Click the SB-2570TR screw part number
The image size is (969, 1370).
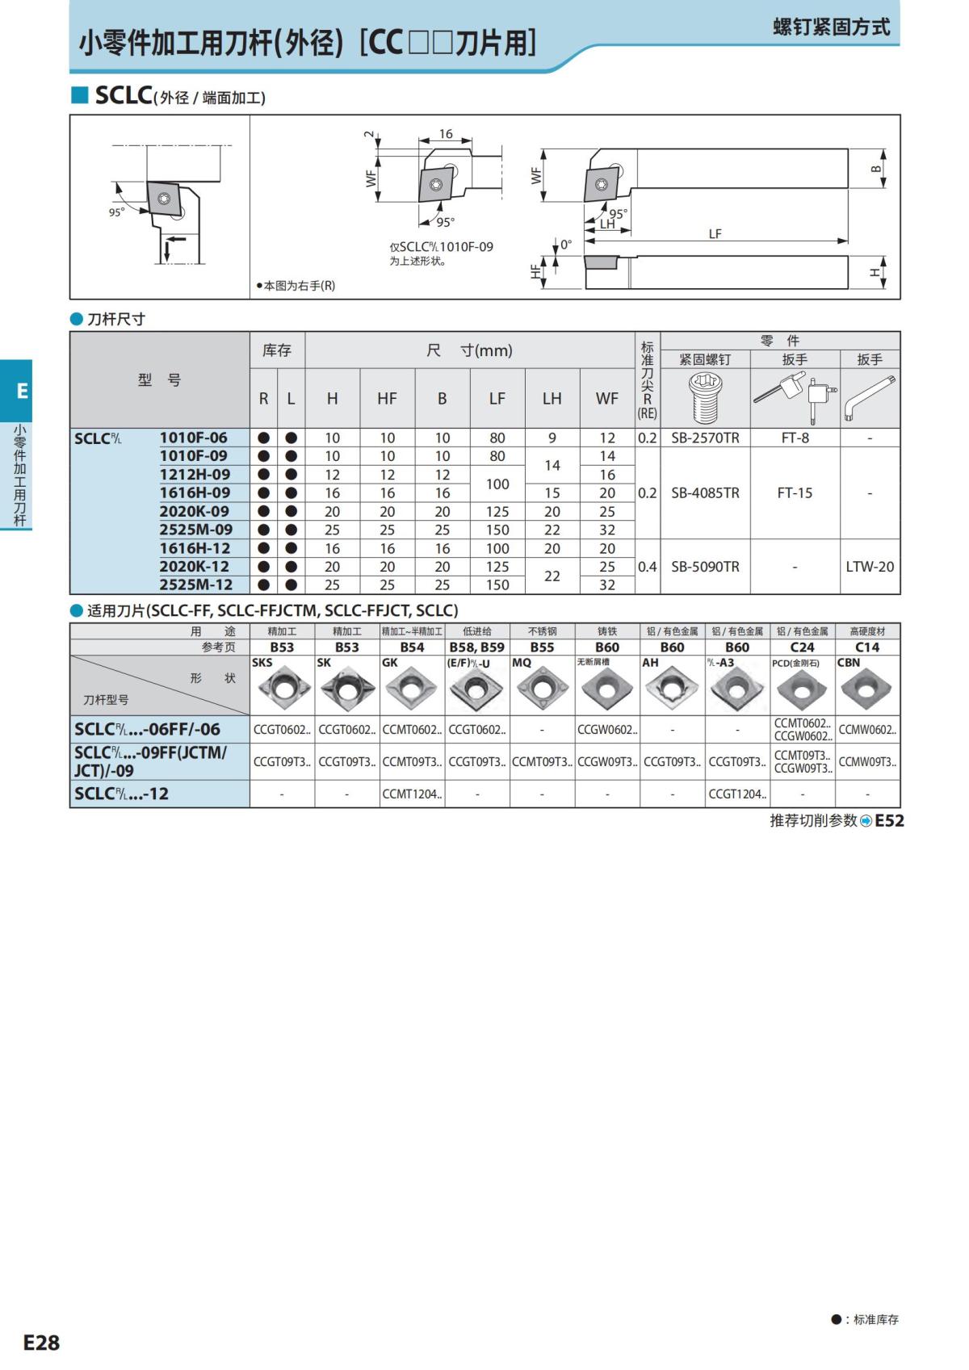705,438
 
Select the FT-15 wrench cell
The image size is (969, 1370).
795,492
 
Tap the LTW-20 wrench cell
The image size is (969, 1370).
870,567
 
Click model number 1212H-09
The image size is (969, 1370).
195,475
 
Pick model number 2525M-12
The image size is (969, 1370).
195,585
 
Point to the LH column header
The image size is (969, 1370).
552,398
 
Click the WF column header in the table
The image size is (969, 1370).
607,398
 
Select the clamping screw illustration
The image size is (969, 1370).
705,398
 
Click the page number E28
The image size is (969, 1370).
41,1342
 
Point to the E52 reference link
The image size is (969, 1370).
889,820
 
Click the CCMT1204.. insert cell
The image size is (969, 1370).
412,794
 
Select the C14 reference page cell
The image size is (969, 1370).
867,647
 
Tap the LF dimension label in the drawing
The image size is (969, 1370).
715,233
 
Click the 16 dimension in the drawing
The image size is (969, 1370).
446,134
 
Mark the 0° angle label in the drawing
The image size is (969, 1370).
566,244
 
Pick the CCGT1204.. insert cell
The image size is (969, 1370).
737,794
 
